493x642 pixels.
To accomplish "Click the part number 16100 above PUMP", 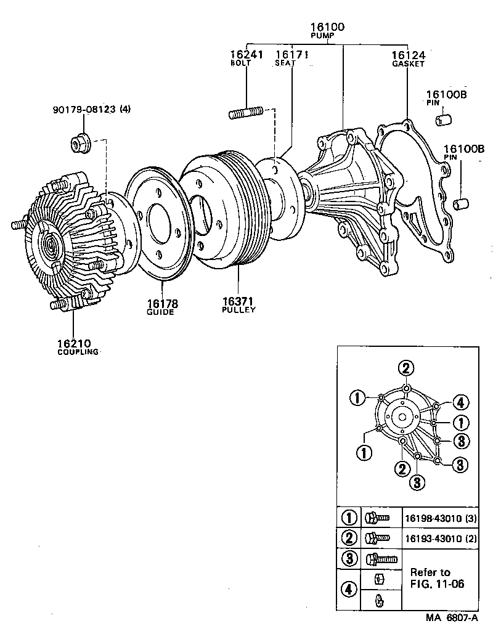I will click(327, 27).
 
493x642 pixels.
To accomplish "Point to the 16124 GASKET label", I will click(408, 58).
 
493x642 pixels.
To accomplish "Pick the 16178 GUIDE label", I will click(161, 307).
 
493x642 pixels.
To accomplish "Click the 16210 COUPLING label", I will click(78, 347).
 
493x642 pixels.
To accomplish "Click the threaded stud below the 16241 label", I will click(247, 114).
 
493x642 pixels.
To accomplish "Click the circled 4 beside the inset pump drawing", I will click(461, 403).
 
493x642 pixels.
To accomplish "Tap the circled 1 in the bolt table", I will click(349, 518).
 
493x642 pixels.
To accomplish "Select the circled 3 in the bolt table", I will click(349, 559).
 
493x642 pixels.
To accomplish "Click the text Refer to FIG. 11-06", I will click(438, 578).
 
